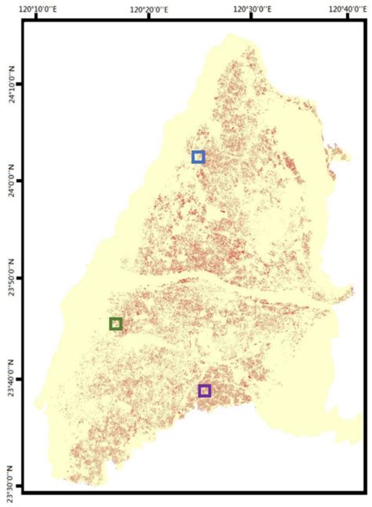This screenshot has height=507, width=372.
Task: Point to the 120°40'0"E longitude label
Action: [345, 8]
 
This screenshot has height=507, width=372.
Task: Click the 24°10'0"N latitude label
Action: [12, 83]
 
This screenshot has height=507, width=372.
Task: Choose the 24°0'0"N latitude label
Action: [12, 181]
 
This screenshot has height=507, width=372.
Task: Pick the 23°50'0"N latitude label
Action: [12, 279]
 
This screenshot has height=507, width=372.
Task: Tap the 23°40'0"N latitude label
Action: [12, 378]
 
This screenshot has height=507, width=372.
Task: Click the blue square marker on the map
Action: [199, 157]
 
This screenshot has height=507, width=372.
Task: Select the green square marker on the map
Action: [116, 323]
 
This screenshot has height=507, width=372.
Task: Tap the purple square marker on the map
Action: [205, 391]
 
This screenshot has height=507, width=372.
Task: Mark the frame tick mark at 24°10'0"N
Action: [24, 83]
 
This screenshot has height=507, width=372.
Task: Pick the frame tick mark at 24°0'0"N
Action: [24, 181]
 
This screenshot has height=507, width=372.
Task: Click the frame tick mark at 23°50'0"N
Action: [24, 279]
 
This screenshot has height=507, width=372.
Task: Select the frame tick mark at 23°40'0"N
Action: [24, 378]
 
